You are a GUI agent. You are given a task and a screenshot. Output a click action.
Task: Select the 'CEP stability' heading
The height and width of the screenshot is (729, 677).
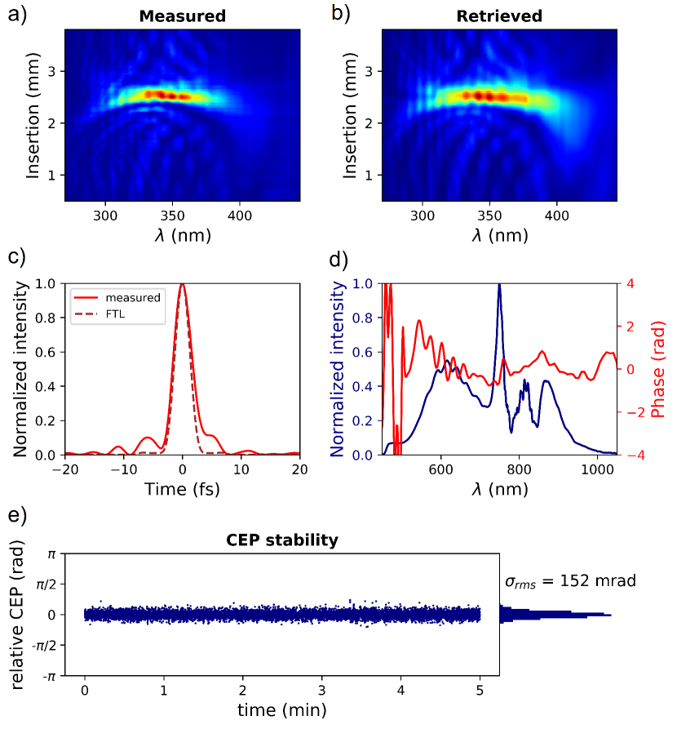pyautogui.click(x=282, y=540)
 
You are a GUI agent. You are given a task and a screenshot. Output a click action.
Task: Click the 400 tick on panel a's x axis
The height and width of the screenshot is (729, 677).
pyautogui.click(x=239, y=216)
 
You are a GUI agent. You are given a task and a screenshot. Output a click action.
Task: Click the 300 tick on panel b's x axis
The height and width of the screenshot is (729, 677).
pyautogui.click(x=423, y=216)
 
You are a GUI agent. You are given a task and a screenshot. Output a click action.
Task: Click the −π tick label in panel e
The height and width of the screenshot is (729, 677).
pyautogui.click(x=50, y=676)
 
